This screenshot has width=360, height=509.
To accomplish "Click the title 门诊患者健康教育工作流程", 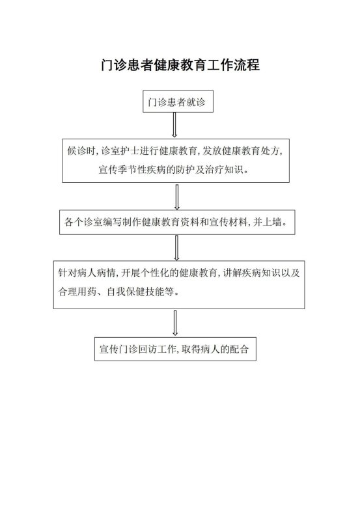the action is tap(180, 64).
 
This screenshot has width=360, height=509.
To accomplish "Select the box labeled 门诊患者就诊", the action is tap(178, 102).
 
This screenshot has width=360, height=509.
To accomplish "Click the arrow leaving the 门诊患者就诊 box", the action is tap(174, 125).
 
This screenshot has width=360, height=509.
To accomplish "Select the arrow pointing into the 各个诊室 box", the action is tap(177, 197).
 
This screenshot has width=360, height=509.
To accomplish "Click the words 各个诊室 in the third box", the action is tap(84, 222).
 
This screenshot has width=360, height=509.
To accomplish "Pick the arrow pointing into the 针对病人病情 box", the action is tap(176, 248).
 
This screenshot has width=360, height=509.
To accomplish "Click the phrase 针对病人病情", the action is tap(87, 273).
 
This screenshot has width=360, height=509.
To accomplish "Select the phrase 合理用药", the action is tap(77, 292).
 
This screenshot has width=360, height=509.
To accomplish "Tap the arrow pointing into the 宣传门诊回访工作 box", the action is tap(175, 323).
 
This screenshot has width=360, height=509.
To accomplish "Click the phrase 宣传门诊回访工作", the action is tap(137, 349).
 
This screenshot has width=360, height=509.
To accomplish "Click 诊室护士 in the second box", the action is tap(120, 150).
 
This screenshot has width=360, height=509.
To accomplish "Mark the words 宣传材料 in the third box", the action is tap(228, 222).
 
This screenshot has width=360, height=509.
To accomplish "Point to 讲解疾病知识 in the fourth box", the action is tap(251, 273).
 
